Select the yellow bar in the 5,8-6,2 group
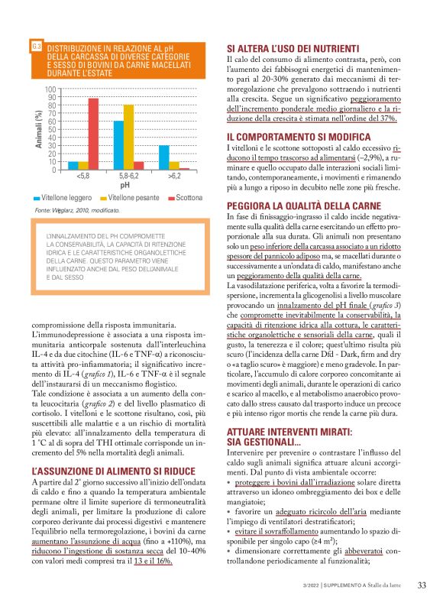coord(128,137)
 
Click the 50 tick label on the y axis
coord(53,129)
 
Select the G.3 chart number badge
coord(36,47)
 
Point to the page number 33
coord(421,586)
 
